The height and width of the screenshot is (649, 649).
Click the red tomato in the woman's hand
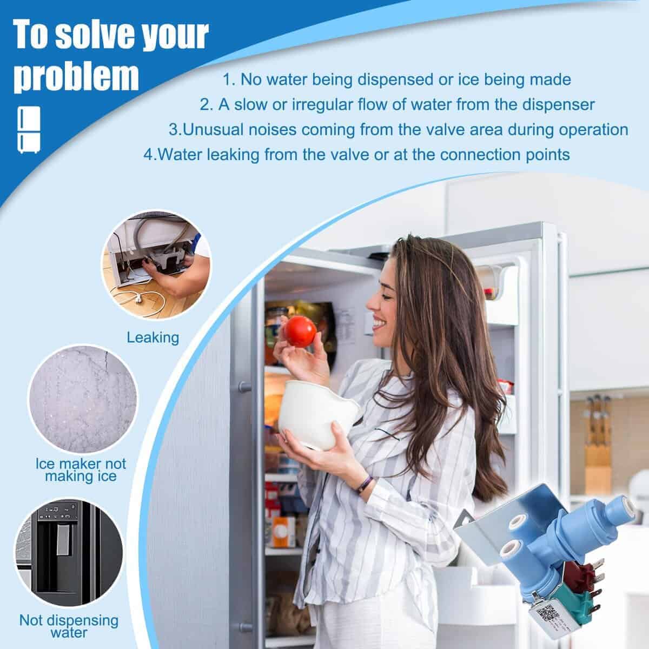point(300,332)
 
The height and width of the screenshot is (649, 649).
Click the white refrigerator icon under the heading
point(29,130)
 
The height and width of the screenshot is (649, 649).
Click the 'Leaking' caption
point(153,337)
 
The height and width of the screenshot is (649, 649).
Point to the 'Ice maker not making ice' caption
point(81,470)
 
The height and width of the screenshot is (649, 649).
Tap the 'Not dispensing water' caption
point(69,626)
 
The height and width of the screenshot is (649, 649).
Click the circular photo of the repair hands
point(156,265)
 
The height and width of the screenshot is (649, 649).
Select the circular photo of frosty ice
point(83,399)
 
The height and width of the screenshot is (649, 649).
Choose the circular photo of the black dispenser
point(69,553)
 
